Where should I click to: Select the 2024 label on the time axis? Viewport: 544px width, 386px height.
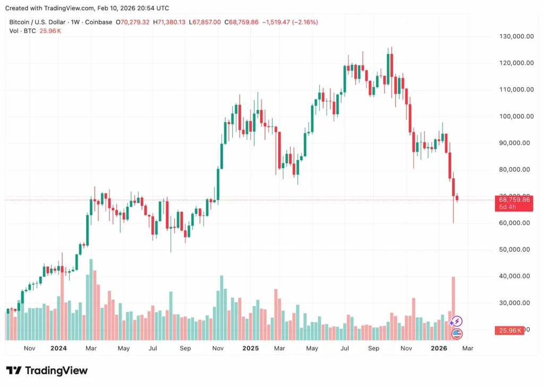tap(58, 348)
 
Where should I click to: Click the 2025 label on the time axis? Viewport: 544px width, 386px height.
tap(250, 348)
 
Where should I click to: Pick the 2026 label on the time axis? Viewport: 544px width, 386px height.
tap(439, 348)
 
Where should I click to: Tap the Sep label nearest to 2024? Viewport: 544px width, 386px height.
tap(185, 348)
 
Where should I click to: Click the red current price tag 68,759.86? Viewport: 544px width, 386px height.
tap(513, 200)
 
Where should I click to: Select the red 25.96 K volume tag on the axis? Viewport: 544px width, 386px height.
tap(509, 330)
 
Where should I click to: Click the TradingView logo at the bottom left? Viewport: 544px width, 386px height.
tap(47, 371)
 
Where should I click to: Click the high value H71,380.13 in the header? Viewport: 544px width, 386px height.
tap(169, 22)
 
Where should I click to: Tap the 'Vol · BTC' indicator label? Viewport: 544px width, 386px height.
tap(23, 31)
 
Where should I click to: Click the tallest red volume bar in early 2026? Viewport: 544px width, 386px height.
tap(453, 308)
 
